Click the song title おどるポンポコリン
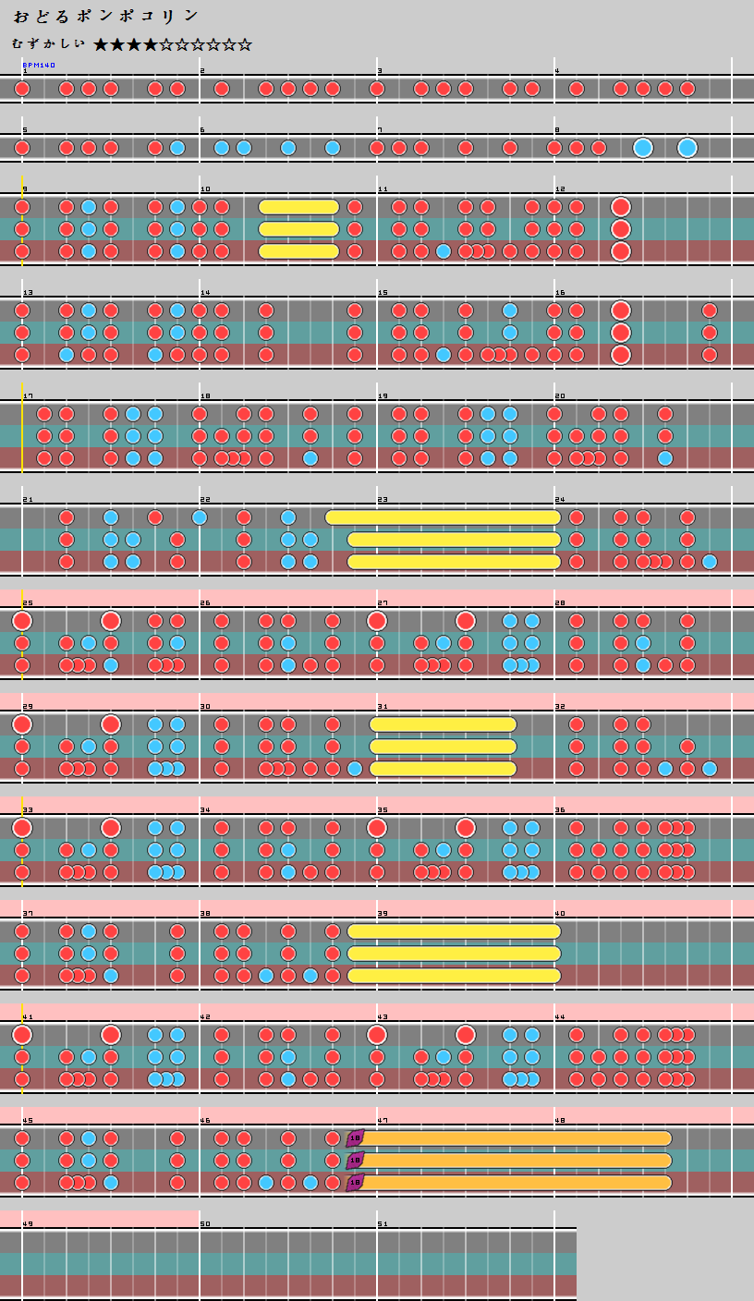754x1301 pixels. pyautogui.click(x=106, y=17)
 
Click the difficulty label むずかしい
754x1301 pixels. pyautogui.click(x=49, y=44)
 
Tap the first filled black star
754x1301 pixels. pyautogui.click(x=102, y=44)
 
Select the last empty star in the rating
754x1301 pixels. pyautogui.click(x=244, y=44)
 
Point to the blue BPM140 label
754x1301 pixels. pyautogui.click(x=39, y=66)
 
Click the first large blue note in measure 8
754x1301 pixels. pyautogui.click(x=643, y=148)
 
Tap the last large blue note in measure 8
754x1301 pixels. pyautogui.click(x=687, y=148)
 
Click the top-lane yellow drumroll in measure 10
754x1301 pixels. pyautogui.click(x=298, y=207)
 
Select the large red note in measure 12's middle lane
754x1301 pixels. pyautogui.click(x=620, y=229)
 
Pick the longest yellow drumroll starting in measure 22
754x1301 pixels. pyautogui.click(x=444, y=517)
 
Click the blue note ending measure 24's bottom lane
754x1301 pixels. pyautogui.click(x=709, y=562)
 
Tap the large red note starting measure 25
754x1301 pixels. pyautogui.click(x=22, y=620)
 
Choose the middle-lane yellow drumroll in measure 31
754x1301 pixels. pyautogui.click(x=443, y=747)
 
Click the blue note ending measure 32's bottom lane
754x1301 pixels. pyautogui.click(x=709, y=769)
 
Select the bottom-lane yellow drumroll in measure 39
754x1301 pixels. pyautogui.click(x=454, y=976)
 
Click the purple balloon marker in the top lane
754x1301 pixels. pyautogui.click(x=355, y=1137)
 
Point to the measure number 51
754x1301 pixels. pyautogui.click(x=383, y=1224)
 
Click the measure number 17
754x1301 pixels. pyautogui.click(x=27, y=395)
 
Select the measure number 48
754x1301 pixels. pyautogui.click(x=559, y=1121)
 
